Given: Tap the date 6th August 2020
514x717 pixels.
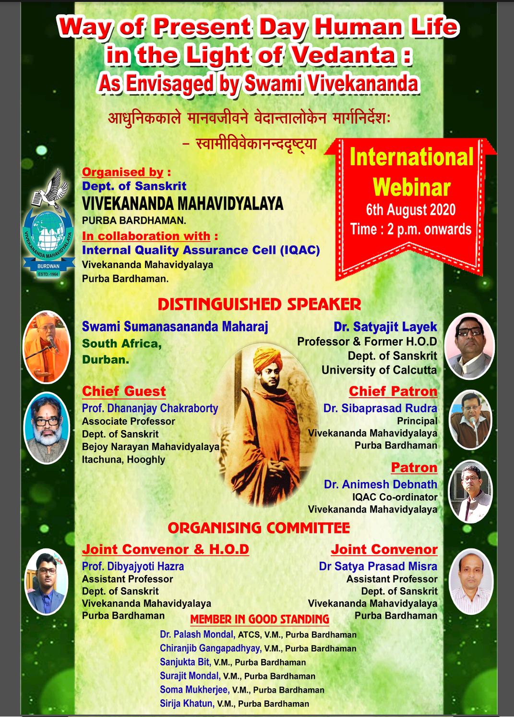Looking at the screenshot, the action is tap(411, 210).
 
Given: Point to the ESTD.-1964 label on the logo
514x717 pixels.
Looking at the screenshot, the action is tap(48, 274).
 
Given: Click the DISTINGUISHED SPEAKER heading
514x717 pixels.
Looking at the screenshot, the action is tap(259, 304).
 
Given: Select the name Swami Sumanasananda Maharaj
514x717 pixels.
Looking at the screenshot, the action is tap(175, 327).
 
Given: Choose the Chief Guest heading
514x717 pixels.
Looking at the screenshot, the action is tap(124, 391).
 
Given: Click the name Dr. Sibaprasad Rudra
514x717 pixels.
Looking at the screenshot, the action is tap(380, 408).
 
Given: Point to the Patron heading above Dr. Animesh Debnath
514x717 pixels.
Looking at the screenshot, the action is tap(414, 468).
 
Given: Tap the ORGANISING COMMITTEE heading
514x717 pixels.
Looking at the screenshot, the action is tap(259, 528).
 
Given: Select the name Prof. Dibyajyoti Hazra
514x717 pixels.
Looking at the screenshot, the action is tap(133, 566).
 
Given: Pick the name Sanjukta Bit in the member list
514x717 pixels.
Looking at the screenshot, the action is tap(185, 662).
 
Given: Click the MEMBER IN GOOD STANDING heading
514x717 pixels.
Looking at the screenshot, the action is tap(259, 619).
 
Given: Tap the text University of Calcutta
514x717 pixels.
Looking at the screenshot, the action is tap(379, 370).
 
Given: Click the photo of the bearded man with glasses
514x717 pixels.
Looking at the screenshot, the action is tap(47, 428).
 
